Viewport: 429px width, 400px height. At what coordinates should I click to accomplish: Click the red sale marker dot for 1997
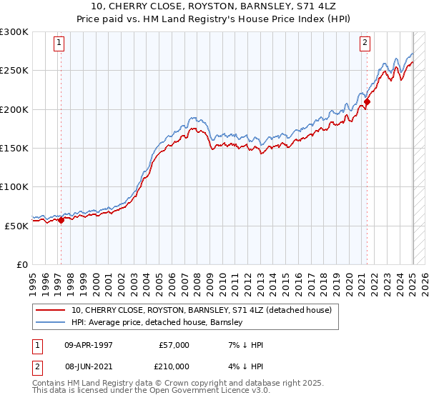(61, 220)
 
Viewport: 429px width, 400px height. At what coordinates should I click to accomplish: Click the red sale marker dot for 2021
(367, 102)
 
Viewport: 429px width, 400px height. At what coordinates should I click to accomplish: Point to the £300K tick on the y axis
(14, 32)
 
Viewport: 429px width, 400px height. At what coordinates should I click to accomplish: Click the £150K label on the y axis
(14, 148)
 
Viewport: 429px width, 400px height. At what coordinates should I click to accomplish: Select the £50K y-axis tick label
(16, 225)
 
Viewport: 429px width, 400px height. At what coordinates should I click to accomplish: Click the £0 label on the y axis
(21, 264)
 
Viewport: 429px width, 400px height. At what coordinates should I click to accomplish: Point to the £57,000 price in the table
(174, 345)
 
